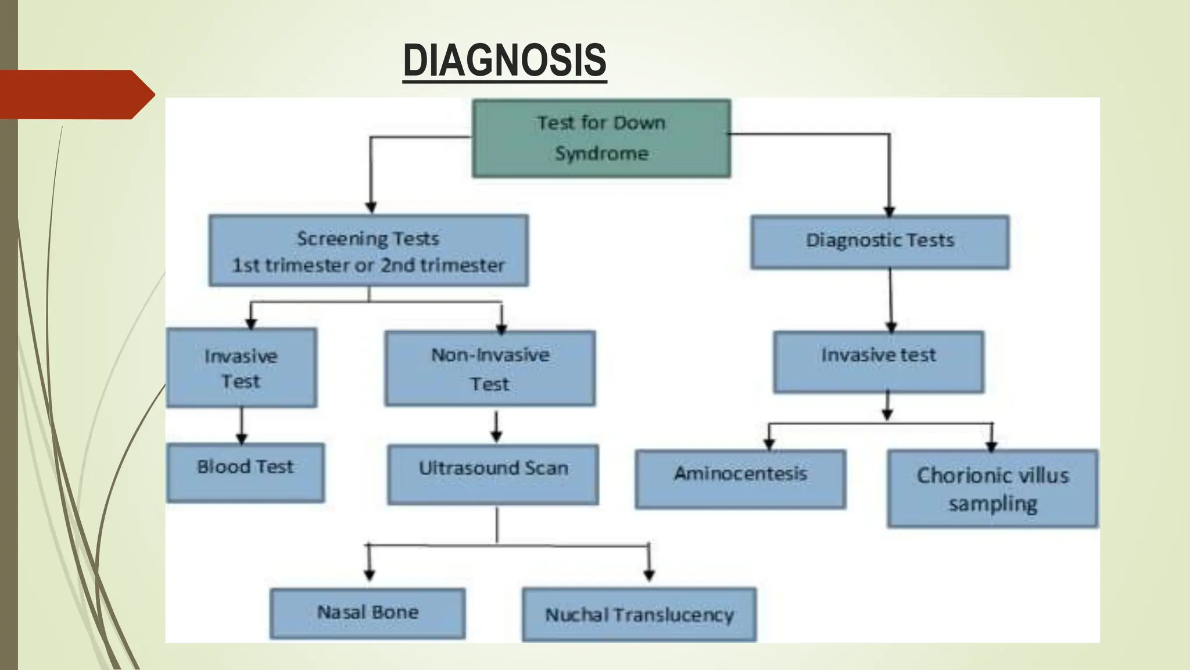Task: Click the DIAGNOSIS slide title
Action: [x=504, y=60]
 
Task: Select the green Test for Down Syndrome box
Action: [x=601, y=138]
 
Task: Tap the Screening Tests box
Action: [x=368, y=251]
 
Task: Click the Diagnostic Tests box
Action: [x=880, y=242]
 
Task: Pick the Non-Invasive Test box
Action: [x=490, y=368]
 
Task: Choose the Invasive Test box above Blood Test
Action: [x=241, y=368]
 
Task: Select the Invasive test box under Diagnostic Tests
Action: [x=879, y=361]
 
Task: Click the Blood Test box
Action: [x=245, y=472]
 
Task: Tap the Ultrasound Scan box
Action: [x=493, y=474]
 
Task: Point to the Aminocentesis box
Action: [x=740, y=479]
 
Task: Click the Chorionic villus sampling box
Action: [x=992, y=489]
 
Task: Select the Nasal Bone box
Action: [x=367, y=613]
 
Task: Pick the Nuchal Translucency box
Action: [x=639, y=615]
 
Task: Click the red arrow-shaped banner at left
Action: [x=76, y=94]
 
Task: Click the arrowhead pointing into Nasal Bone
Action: [x=369, y=575]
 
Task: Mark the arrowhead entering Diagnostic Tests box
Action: [x=889, y=211]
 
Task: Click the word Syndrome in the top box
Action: [x=601, y=154]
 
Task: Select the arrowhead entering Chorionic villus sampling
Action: [x=992, y=446]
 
